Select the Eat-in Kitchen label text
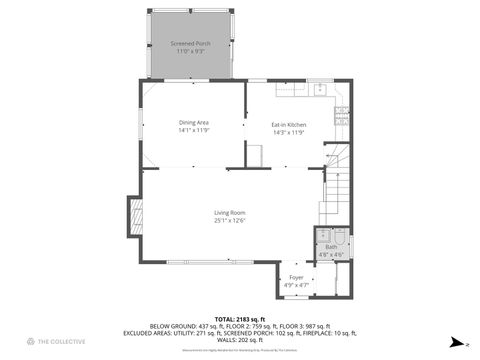[x=288, y=124]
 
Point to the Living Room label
[x=229, y=213]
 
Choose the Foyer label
[x=296, y=277]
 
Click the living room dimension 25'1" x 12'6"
[x=229, y=220]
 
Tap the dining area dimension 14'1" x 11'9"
[x=194, y=131]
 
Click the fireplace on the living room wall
[x=131, y=214]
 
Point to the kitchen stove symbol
[x=341, y=113]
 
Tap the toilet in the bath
[x=339, y=237]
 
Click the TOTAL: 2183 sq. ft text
[x=240, y=318]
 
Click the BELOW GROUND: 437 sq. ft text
[x=184, y=325]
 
